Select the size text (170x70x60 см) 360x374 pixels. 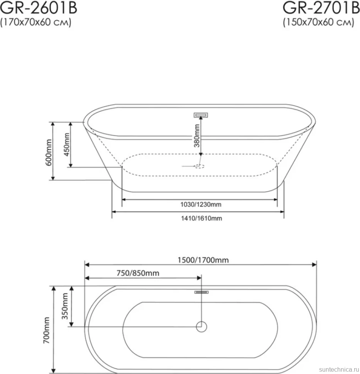click(x=36, y=22)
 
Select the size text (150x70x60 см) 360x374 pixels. click(x=318, y=22)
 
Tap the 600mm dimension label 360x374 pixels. click(x=49, y=152)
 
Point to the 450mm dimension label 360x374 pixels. click(x=67, y=145)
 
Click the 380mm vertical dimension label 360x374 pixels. click(x=197, y=135)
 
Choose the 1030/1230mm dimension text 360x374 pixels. click(x=201, y=204)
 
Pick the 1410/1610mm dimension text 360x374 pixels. click(x=201, y=218)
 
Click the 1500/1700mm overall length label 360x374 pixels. click(x=203, y=260)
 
